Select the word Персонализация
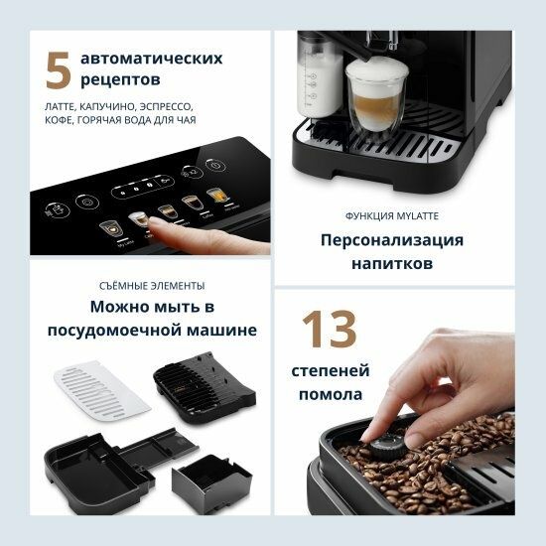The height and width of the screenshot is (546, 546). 391,240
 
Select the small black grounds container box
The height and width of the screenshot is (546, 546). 205,483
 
